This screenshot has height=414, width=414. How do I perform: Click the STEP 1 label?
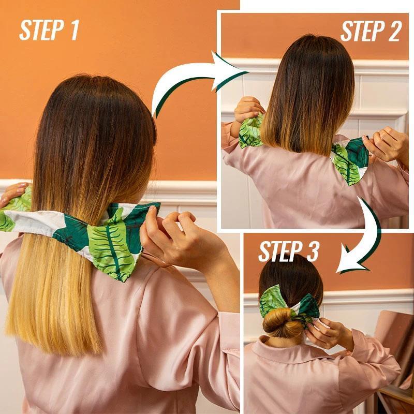49,30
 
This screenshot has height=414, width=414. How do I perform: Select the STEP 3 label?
289,252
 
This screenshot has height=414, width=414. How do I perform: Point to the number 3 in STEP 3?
312,252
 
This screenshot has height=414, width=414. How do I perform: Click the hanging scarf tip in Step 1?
116,254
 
